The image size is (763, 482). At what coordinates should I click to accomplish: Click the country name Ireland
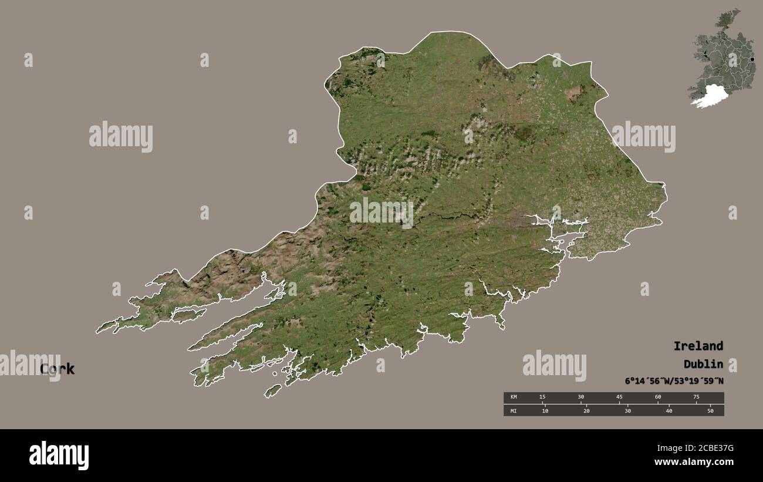coord(698,346)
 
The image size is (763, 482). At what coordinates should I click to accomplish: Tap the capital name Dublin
coord(703,364)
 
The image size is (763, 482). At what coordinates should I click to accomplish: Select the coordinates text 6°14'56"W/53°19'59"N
coord(674,381)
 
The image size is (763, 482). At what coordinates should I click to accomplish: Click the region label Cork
coord(57,369)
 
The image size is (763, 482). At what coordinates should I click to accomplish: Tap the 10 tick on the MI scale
coord(545,410)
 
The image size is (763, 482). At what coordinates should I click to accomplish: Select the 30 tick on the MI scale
coord(627,410)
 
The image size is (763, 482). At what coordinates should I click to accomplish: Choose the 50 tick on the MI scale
coord(710,410)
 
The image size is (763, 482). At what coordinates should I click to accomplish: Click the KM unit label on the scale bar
coord(514,397)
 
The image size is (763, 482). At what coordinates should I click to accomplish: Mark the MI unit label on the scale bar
coord(514,410)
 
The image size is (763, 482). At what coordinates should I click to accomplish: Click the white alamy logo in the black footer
coord(59,456)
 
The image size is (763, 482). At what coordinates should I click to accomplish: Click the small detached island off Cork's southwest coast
coord(273,390)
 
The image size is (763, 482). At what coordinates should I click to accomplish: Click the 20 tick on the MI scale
coord(586,410)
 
